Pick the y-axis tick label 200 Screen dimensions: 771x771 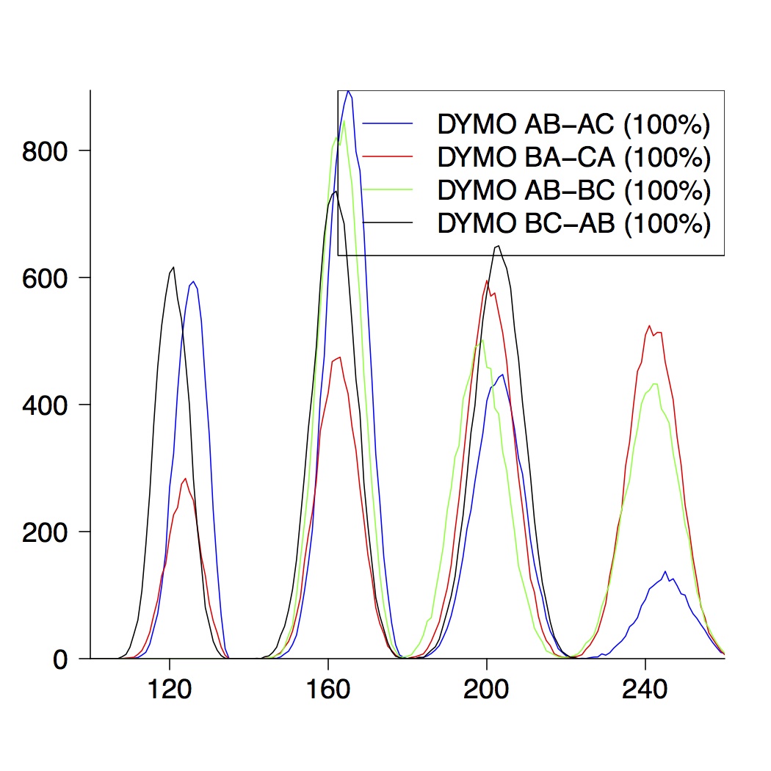(46, 532)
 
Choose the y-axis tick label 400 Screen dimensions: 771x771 (46, 405)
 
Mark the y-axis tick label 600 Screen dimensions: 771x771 (46, 278)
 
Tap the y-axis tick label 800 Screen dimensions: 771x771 (46, 151)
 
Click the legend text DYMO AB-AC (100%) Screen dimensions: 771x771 (573, 125)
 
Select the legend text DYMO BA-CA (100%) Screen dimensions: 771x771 (573, 157)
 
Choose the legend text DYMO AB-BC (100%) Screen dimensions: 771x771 (573, 189)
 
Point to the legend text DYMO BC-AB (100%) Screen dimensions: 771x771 (573, 222)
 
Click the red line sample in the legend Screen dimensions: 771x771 (389, 156)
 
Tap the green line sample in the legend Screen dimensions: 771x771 (389, 189)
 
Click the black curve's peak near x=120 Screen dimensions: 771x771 (173, 267)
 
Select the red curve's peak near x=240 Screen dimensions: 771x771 (649, 325)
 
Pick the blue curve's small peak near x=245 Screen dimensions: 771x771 (665, 571)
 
